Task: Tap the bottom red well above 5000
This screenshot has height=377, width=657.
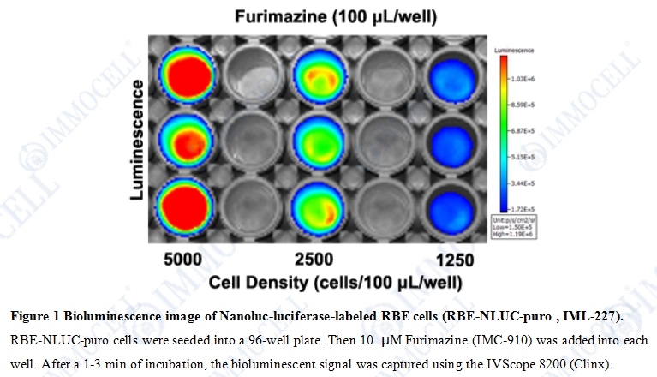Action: tap(187, 200)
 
